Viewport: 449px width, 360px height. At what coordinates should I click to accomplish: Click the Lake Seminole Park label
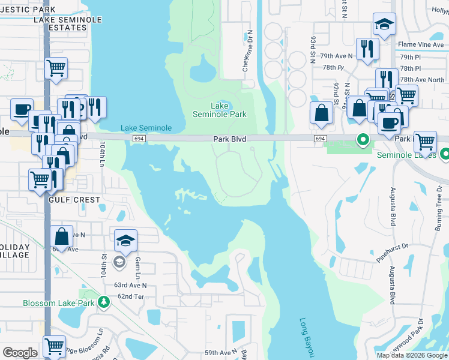coord(219,110)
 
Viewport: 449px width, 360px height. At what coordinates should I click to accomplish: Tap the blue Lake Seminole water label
coord(146,128)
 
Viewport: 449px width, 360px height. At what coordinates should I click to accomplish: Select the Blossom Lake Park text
coord(58,303)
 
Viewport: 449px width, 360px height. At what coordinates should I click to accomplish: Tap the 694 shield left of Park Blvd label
coord(139,139)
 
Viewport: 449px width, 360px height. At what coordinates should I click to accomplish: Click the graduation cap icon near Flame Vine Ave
coord(384,25)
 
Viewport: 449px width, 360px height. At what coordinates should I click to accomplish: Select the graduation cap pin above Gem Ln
coord(125,241)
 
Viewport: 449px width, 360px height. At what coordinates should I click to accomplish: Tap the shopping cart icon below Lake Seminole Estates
coord(56,68)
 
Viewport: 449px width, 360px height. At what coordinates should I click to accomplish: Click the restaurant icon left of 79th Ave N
coord(367,49)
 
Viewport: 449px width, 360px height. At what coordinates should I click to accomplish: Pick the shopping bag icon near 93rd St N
coord(322,113)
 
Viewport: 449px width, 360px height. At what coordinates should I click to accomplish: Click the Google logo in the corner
coord(20,353)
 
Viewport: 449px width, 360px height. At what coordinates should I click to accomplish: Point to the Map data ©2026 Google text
coord(411,355)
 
